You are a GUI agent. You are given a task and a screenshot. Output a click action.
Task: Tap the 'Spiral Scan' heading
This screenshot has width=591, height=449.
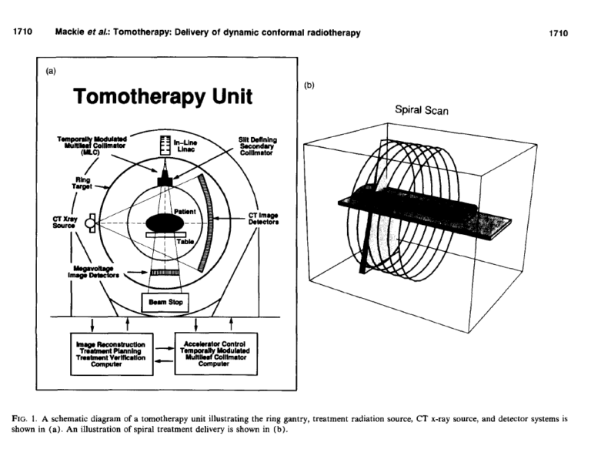(422, 110)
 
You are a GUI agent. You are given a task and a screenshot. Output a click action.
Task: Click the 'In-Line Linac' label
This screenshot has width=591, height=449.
(189, 146)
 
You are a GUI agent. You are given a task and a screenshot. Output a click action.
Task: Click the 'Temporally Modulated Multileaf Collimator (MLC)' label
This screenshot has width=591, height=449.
(85, 146)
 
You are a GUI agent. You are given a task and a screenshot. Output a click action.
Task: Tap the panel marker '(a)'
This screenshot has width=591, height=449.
(52, 71)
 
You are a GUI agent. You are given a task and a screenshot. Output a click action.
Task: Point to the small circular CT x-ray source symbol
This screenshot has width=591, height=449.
(90, 223)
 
